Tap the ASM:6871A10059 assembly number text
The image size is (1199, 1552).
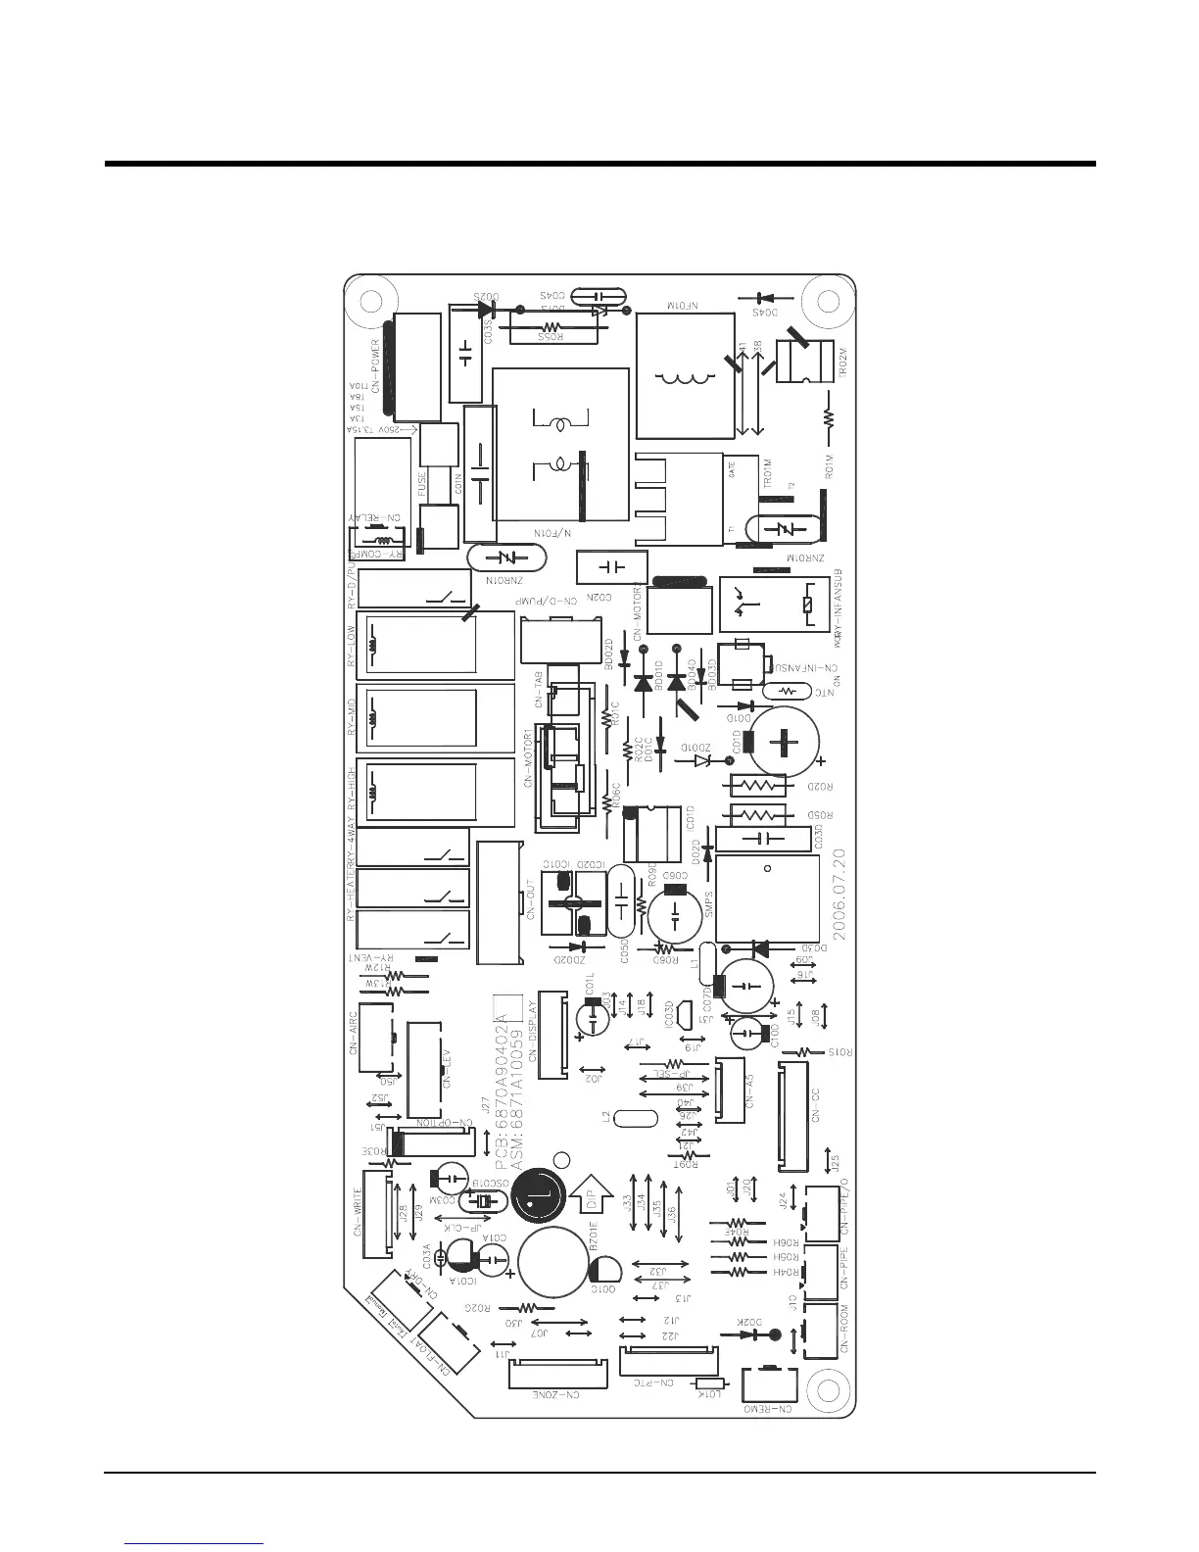(518, 1087)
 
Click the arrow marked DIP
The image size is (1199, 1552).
(587, 1194)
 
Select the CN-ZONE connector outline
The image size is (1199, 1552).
(553, 1376)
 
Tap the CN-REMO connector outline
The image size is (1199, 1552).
(770, 1384)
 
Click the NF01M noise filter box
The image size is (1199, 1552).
(685, 375)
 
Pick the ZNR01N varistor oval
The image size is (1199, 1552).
(506, 558)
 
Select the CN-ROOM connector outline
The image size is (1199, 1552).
(821, 1332)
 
